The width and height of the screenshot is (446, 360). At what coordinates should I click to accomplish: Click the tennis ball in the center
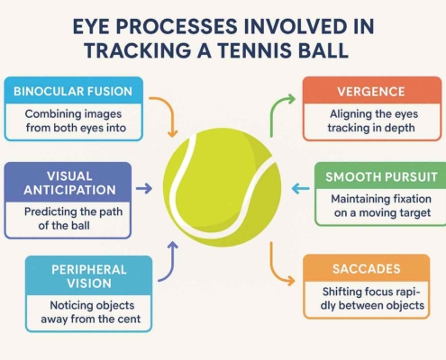click(222, 187)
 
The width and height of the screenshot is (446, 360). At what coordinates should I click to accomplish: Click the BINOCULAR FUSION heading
click(73, 91)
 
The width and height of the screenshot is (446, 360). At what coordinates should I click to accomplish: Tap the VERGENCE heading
click(371, 92)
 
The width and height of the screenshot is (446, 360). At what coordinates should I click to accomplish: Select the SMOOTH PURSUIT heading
click(381, 176)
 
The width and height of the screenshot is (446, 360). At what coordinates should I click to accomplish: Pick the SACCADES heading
click(367, 269)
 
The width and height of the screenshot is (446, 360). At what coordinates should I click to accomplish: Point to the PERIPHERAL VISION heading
click(89, 276)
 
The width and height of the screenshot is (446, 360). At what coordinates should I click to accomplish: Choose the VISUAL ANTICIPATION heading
click(69, 183)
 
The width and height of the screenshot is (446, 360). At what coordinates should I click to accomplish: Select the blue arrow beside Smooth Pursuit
click(301, 189)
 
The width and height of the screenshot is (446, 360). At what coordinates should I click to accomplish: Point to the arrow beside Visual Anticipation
click(144, 189)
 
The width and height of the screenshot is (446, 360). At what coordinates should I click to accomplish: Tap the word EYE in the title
click(91, 26)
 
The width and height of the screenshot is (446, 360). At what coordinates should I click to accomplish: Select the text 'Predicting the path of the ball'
click(73, 219)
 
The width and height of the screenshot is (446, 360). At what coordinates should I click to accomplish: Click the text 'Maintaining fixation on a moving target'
click(381, 206)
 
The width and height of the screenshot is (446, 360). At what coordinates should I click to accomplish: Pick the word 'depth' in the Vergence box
click(400, 128)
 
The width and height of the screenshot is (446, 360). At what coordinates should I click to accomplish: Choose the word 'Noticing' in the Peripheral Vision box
click(68, 305)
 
